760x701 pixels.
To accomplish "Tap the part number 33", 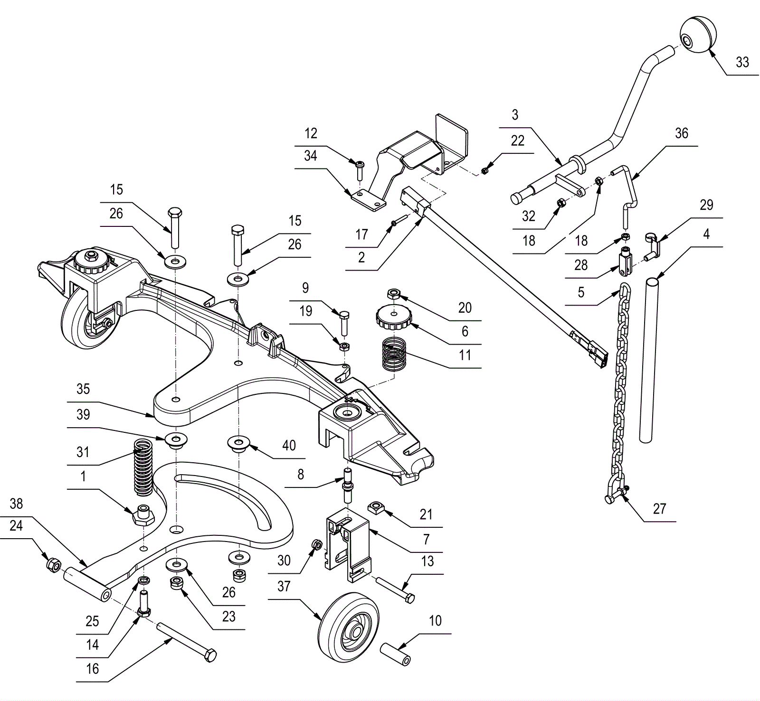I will pyautogui.click(x=742, y=62).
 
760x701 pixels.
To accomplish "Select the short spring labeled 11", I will pyautogui.click(x=395, y=353).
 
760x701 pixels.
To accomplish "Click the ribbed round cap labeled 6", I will pyautogui.click(x=393, y=316).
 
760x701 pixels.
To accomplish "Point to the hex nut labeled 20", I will pyautogui.click(x=394, y=294).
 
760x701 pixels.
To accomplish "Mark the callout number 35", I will pyautogui.click(x=83, y=389).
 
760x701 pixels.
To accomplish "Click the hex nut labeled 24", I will pyautogui.click(x=53, y=565).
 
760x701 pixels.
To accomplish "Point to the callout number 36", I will pyautogui.click(x=681, y=133).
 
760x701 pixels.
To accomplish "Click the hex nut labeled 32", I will pyautogui.click(x=560, y=202).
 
